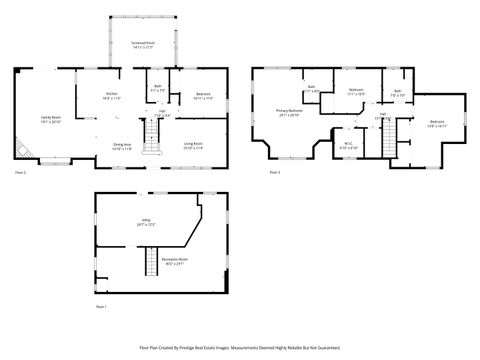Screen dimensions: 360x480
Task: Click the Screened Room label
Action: (x=143, y=45)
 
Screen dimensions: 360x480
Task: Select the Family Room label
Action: (x=50, y=119)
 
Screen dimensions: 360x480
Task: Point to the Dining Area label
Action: (x=121, y=146)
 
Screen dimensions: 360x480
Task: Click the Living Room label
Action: (x=194, y=146)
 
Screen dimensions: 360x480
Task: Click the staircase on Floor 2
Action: (x=153, y=147)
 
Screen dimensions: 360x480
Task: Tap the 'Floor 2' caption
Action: (x=20, y=173)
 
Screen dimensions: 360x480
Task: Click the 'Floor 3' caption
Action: (x=274, y=173)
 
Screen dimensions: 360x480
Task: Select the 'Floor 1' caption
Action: (x=100, y=305)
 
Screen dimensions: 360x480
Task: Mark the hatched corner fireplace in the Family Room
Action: (x=22, y=150)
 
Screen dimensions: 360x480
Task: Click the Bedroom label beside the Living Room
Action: (x=202, y=96)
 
